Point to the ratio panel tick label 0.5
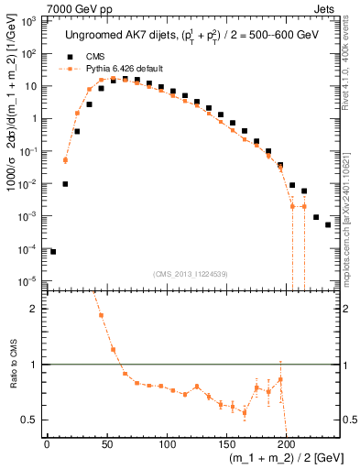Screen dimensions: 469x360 tap(32, 420)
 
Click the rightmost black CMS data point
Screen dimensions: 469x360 tap(328, 224)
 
